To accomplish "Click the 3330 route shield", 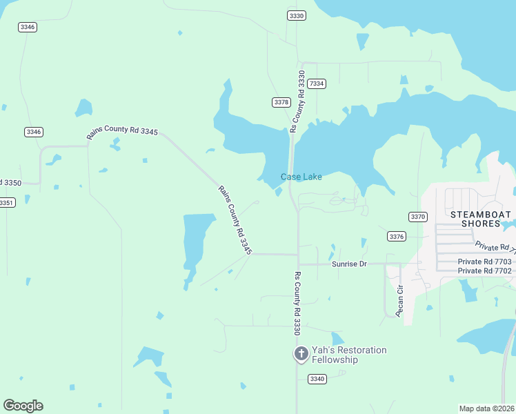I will pyautogui.click(x=297, y=15).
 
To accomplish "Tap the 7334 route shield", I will pyautogui.click(x=317, y=83).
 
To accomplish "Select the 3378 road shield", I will pyautogui.click(x=281, y=102).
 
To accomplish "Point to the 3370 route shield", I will pyautogui.click(x=417, y=217).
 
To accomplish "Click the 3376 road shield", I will pyautogui.click(x=396, y=237).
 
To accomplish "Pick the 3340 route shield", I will pyautogui.click(x=317, y=379).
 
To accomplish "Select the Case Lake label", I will pyautogui.click(x=301, y=177).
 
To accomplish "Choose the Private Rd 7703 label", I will pyautogui.click(x=485, y=262).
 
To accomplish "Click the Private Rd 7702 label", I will pyautogui.click(x=485, y=271).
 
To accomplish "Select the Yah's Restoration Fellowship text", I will pyautogui.click(x=349, y=355).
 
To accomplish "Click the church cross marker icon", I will pyautogui.click(x=301, y=355).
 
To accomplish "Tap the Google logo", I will pyautogui.click(x=23, y=406).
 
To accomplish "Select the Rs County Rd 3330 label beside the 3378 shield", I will pyautogui.click(x=297, y=101).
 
